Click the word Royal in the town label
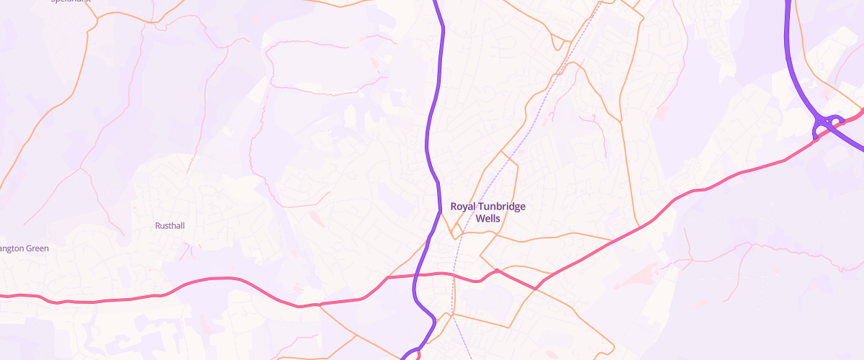(x=463, y=207)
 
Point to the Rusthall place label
(x=170, y=226)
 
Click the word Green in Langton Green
(x=37, y=249)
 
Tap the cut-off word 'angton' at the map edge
(x=12, y=249)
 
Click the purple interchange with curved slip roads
(x=828, y=124)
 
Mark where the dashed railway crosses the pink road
(x=455, y=274)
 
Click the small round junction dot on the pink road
(x=497, y=271)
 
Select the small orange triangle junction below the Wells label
(x=455, y=232)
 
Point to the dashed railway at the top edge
(x=598, y=3)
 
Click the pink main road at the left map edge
(x=4, y=295)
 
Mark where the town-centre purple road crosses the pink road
(x=416, y=276)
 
